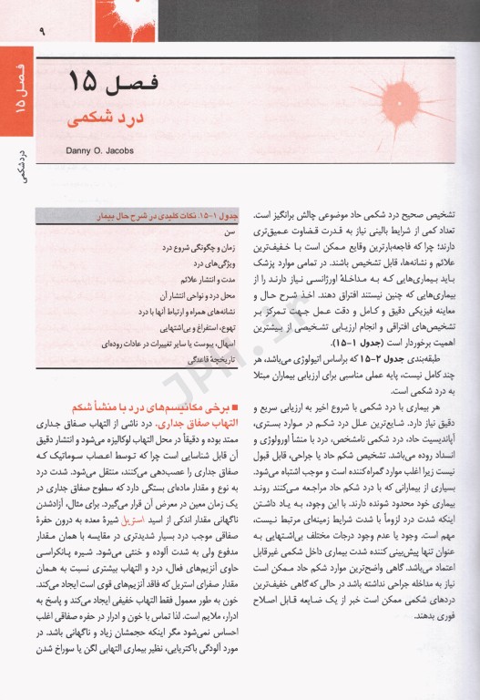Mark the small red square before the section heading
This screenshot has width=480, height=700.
click(x=235, y=407)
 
